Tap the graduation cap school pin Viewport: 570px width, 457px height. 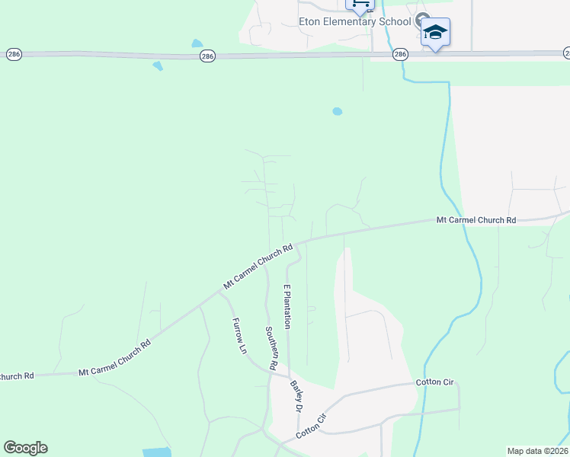[435, 33]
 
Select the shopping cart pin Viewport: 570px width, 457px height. [360, 5]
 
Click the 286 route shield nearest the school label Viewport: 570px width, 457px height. [401, 55]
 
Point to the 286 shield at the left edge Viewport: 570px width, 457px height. [14, 54]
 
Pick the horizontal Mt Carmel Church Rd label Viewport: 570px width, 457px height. [476, 220]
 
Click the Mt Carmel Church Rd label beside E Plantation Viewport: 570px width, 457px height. [258, 266]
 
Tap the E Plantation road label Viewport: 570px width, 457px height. [287, 306]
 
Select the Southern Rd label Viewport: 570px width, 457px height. [271, 348]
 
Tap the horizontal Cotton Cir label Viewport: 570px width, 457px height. [434, 382]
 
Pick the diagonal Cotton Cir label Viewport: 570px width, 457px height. [311, 427]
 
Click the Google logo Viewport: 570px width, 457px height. [25, 448]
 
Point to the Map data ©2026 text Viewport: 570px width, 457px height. [538, 451]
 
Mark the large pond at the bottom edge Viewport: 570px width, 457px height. [157, 452]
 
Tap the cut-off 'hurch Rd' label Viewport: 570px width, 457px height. [17, 376]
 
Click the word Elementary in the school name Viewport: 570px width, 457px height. [356, 21]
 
